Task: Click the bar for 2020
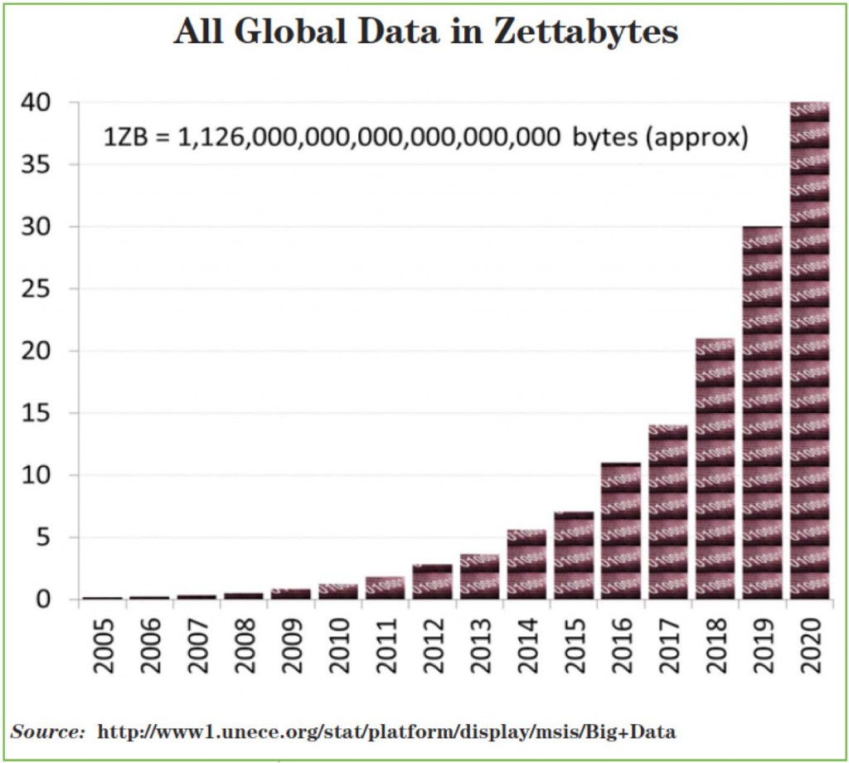point(809,348)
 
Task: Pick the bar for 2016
point(620,531)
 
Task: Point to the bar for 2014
point(526,565)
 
